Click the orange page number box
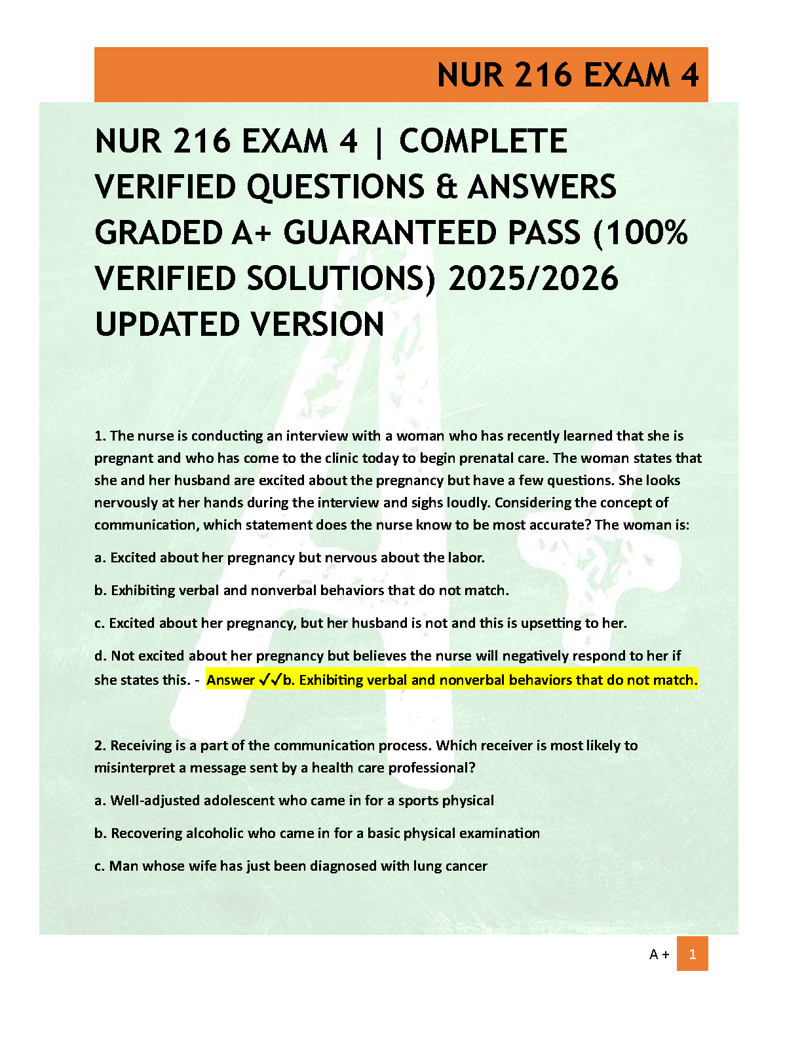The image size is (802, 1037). point(692,954)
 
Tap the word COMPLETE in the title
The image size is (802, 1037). point(483,141)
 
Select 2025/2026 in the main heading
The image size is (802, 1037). point(533,279)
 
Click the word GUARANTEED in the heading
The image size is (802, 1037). point(432,233)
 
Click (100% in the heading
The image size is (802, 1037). point(640,233)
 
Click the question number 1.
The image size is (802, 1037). point(100,436)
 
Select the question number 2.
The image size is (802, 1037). point(100,746)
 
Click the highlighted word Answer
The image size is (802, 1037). point(231,680)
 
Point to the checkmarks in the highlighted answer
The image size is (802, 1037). point(271,680)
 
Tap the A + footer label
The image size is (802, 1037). point(659,955)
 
